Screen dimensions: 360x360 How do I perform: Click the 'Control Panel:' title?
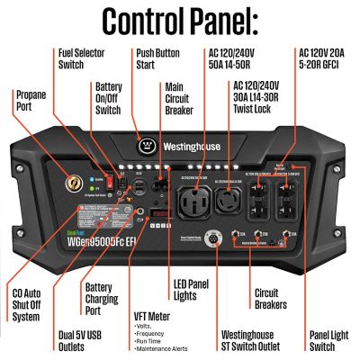180,20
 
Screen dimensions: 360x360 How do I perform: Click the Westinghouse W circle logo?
147,141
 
